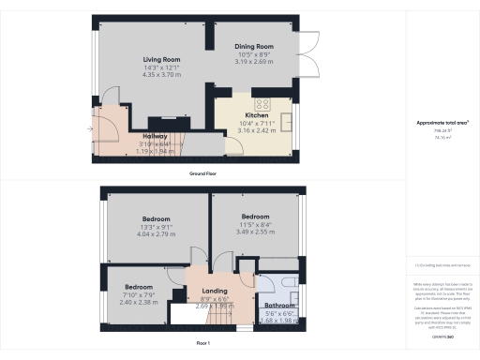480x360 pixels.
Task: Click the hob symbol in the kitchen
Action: pos(262,105)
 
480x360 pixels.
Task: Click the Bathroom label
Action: pos(279,305)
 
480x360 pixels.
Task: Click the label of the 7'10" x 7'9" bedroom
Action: pos(138,286)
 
